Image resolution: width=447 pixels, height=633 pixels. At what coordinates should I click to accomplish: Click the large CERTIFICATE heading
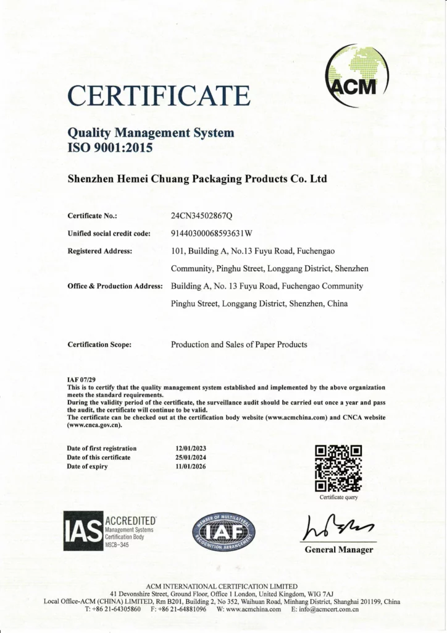click(x=159, y=96)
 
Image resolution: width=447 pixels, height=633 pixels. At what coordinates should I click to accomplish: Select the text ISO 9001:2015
click(x=109, y=147)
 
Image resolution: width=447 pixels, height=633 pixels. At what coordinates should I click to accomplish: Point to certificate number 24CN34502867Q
click(x=201, y=216)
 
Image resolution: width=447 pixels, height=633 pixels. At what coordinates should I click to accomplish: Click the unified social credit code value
click(x=212, y=234)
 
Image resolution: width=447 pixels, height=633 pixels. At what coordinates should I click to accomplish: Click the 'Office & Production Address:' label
click(x=115, y=286)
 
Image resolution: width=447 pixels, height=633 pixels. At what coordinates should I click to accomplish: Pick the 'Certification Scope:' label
click(x=99, y=344)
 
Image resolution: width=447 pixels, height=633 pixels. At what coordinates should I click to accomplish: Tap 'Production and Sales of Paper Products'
click(x=239, y=344)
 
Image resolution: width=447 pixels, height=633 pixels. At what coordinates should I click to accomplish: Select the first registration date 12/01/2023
click(x=191, y=448)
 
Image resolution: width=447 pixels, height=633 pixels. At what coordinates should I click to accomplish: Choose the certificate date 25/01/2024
click(x=191, y=457)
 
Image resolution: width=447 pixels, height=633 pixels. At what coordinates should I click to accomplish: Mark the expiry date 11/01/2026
click(x=191, y=466)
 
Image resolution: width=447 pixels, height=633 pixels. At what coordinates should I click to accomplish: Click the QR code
click(x=338, y=468)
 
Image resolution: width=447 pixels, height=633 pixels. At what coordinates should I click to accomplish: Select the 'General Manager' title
click(x=339, y=550)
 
